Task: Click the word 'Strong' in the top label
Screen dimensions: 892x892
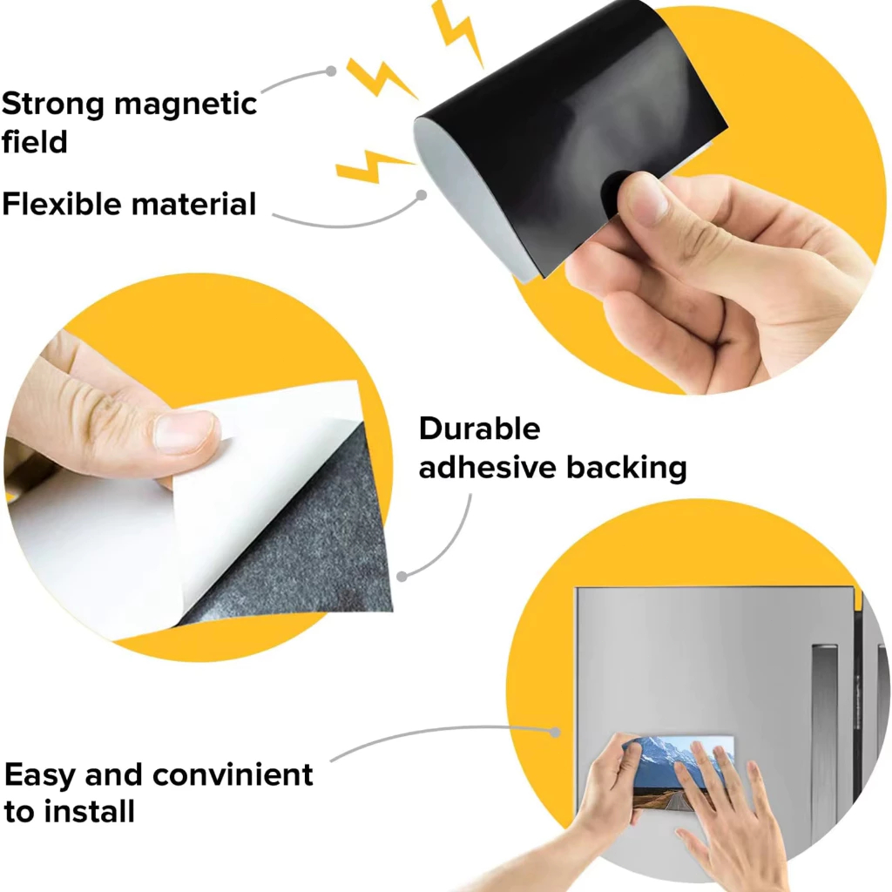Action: tap(53, 105)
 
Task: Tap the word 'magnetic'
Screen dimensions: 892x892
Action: tap(186, 104)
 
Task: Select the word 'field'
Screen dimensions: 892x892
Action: tap(35, 141)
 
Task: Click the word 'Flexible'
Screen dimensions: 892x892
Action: tap(61, 204)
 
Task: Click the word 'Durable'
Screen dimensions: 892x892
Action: tap(480, 429)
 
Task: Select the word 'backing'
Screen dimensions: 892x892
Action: tap(626, 468)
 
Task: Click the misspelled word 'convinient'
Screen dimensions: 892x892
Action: tap(233, 774)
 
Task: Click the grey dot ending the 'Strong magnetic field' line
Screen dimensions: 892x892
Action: tap(331, 71)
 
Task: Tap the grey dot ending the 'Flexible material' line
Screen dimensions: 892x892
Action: tap(422, 195)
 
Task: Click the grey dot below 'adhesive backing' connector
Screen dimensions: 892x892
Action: tap(402, 577)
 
